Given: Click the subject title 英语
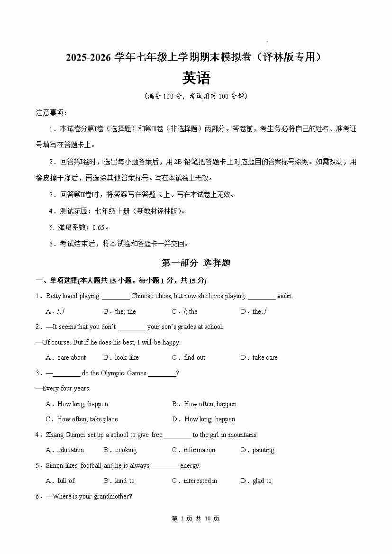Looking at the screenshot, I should pos(196,78).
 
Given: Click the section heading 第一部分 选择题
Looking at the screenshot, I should pos(196,263).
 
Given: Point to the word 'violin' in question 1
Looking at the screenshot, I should pos(284,296).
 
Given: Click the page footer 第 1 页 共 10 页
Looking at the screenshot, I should pos(196,518).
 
